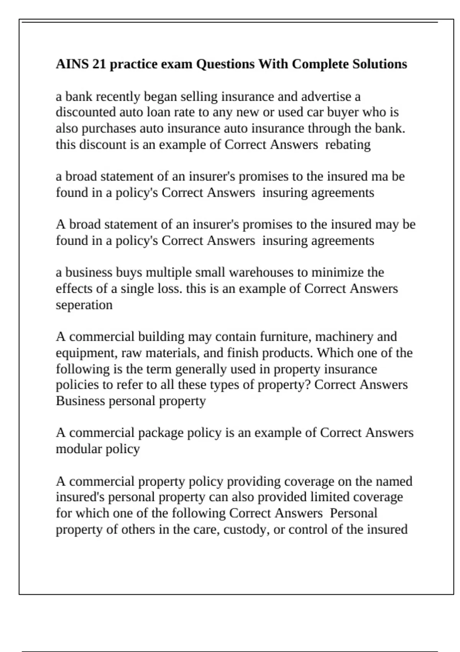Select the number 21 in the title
pyautogui.click(x=99, y=64)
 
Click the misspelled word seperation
pyautogui.click(x=84, y=305)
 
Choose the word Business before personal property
pyautogui.click(x=80, y=401)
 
